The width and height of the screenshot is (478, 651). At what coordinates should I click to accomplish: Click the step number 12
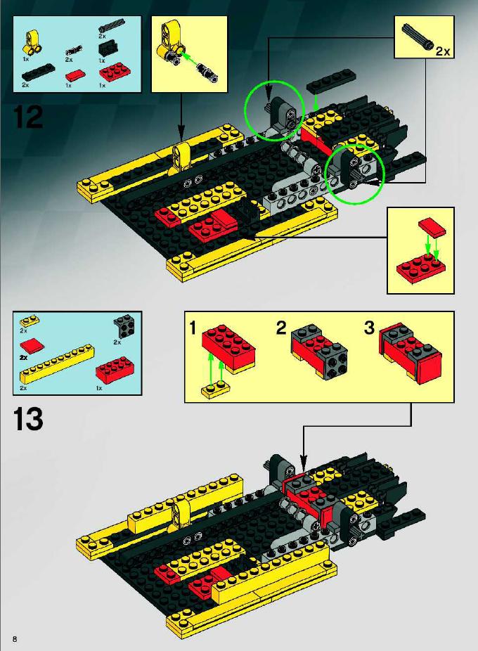point(28,117)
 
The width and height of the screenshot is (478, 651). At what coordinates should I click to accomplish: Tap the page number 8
point(15,638)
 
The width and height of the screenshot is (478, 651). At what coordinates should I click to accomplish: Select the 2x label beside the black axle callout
point(443,51)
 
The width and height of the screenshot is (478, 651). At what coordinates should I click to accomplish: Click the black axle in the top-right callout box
point(418,37)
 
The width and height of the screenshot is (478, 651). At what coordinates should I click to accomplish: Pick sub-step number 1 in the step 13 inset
point(193,328)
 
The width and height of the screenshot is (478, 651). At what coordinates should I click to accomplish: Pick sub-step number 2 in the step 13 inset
point(281,328)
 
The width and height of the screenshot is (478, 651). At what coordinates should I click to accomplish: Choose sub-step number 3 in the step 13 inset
point(369,328)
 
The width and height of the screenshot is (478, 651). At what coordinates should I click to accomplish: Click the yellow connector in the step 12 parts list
point(31,43)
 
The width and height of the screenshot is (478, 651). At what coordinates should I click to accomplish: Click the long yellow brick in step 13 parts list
point(57,363)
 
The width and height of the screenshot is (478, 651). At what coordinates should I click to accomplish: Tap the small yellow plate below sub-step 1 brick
point(216,391)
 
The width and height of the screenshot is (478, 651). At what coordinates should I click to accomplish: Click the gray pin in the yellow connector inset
point(207,72)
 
